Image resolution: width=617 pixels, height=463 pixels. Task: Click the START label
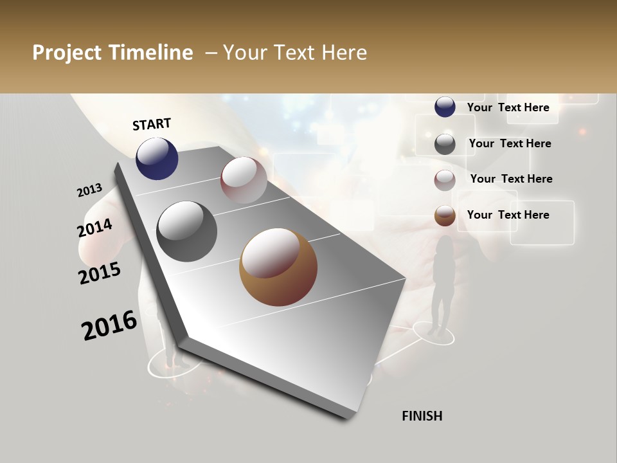click(152, 124)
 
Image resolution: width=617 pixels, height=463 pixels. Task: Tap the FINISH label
click(422, 416)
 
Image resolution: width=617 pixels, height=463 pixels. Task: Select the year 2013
click(89, 190)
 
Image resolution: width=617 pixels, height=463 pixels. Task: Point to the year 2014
click(94, 228)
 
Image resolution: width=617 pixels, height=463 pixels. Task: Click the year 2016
click(109, 325)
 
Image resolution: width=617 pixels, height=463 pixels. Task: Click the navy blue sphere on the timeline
click(157, 158)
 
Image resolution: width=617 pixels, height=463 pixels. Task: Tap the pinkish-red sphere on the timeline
click(244, 180)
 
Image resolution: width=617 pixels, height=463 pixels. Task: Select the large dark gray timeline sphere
click(186, 232)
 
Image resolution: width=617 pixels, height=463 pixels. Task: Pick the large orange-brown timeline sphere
click(278, 267)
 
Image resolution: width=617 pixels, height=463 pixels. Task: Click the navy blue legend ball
click(445, 107)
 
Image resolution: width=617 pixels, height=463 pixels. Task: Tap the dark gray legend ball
click(445, 144)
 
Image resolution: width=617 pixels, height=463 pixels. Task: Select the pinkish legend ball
click(445, 180)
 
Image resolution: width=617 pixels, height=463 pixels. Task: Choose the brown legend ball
click(445, 215)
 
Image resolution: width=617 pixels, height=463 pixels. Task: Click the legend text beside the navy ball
click(508, 107)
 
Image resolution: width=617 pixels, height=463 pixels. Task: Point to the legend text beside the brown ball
click(508, 215)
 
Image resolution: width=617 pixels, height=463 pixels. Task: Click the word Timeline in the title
click(154, 53)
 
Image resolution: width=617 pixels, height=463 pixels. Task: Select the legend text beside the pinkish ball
click(511, 179)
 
